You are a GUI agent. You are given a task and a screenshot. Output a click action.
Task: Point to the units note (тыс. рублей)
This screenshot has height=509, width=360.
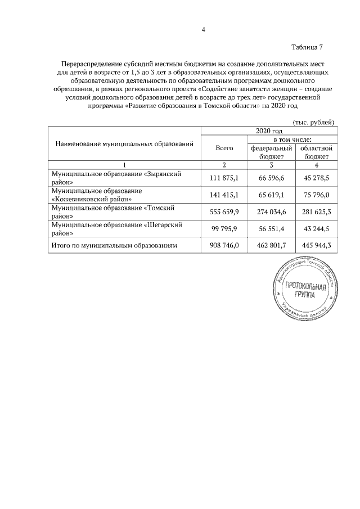tap(314, 122)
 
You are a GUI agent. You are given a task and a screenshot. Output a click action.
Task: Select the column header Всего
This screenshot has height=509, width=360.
tap(224, 147)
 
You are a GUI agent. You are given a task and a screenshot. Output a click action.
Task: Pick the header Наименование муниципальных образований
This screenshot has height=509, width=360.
tap(124, 143)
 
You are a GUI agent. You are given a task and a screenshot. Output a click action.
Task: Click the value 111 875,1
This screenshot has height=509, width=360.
tap(224, 178)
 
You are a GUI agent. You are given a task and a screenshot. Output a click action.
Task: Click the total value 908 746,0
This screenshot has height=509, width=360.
tap(224, 245)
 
